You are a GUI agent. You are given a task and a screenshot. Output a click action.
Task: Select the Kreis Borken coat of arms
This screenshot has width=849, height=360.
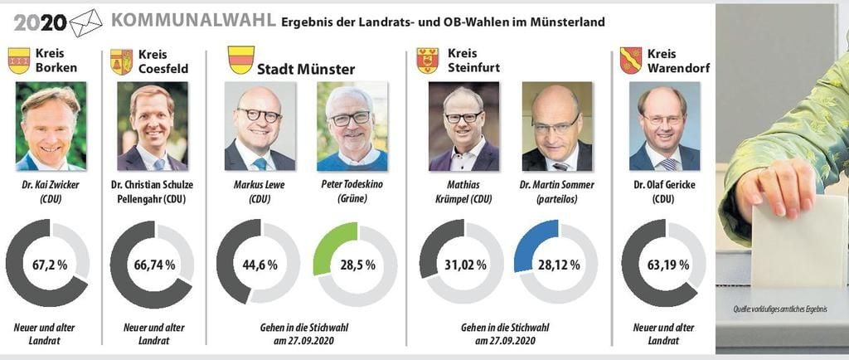(x=19, y=61)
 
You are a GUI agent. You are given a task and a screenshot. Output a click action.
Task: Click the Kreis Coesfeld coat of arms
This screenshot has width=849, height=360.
(x=121, y=61)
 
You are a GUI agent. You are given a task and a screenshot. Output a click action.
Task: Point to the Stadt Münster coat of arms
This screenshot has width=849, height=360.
(x=240, y=60)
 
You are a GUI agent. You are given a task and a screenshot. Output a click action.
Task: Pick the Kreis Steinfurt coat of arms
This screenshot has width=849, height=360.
(x=427, y=61)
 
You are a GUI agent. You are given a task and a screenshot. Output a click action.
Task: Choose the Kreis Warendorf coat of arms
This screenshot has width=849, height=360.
(x=630, y=61)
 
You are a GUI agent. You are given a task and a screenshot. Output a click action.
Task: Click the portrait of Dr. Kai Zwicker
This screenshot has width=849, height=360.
(x=51, y=125)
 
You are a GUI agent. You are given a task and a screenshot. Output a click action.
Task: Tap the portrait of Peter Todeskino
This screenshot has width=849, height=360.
(x=352, y=125)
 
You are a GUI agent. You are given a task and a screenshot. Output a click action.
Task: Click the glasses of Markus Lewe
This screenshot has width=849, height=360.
(x=259, y=115)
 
